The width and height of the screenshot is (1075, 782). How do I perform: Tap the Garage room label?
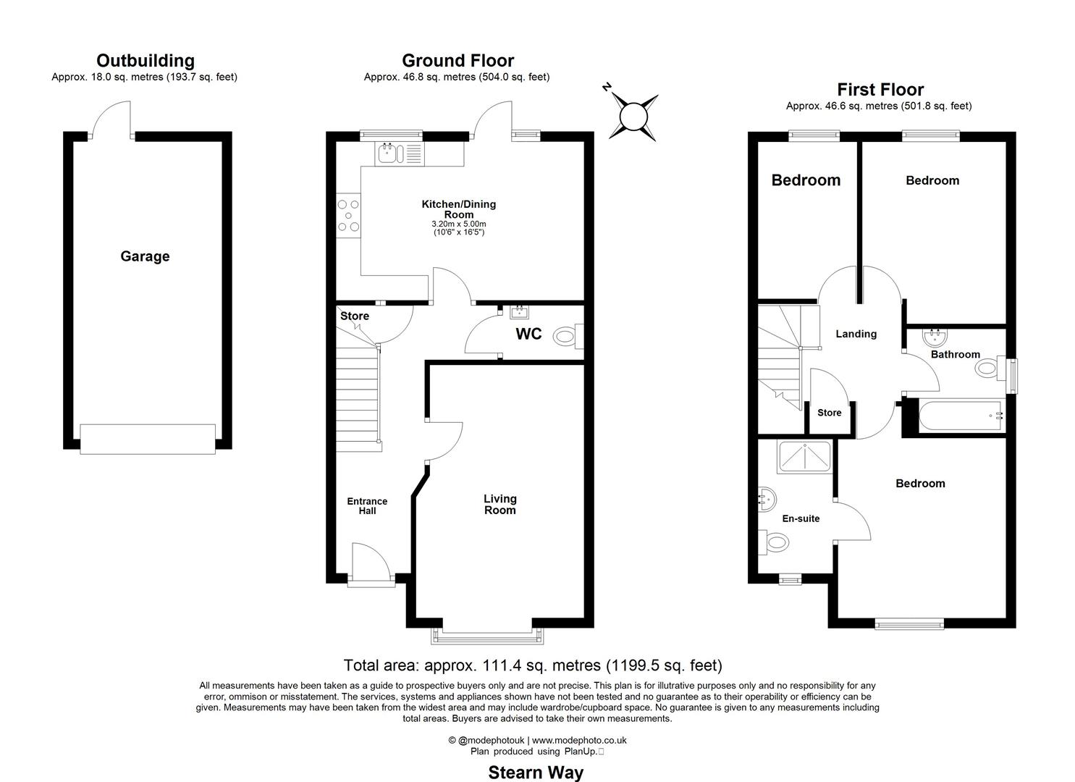click(145, 256)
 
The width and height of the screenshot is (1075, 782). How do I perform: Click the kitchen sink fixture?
click(389, 153)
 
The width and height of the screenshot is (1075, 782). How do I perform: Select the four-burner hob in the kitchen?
click(348, 216)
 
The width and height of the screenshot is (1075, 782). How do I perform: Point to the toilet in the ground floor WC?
click(565, 336)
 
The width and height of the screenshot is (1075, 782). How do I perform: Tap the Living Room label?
click(499, 504)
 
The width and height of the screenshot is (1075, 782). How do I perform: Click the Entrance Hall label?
click(367, 505)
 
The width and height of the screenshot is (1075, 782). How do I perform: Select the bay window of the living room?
click(486, 636)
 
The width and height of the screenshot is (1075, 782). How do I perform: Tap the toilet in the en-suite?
click(774, 541)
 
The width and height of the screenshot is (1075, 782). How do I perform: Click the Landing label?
click(856, 334)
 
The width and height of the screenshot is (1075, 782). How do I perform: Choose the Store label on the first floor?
click(829, 413)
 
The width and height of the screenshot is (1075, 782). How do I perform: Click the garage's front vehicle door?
click(148, 439)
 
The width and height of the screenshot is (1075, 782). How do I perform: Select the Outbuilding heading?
click(145, 61)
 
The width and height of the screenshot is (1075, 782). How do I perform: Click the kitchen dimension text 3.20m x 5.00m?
click(458, 224)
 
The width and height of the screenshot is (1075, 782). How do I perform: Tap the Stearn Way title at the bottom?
click(536, 773)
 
